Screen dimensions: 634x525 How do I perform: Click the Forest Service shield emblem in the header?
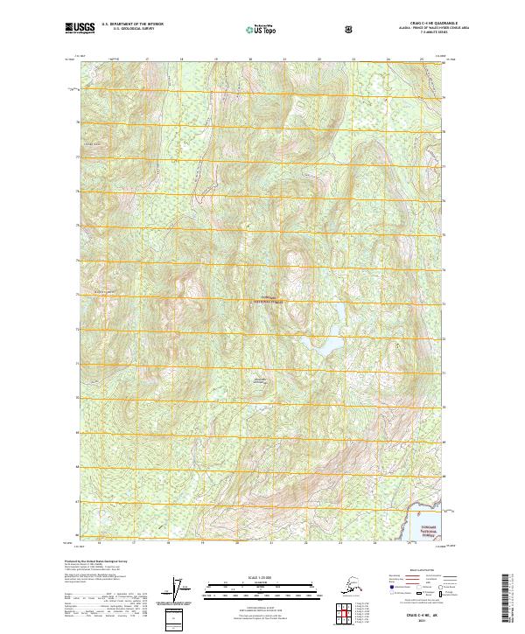click(348, 29)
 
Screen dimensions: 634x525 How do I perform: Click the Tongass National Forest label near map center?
click(272, 300)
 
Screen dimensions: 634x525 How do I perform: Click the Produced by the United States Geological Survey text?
click(105, 561)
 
